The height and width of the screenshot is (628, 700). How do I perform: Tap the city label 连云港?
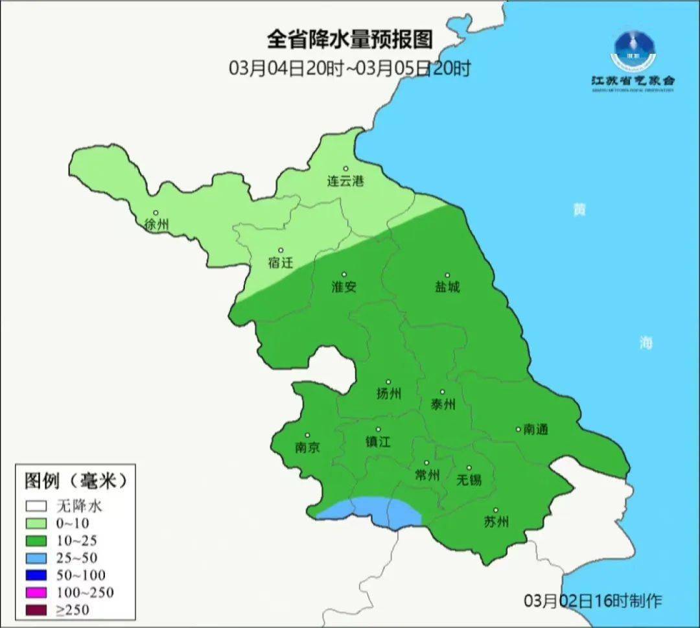[x=345, y=181]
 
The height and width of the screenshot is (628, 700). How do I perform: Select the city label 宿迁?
[x=281, y=262]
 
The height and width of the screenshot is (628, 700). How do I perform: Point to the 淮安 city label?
[x=344, y=286]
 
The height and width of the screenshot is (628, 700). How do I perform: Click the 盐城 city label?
[x=447, y=286]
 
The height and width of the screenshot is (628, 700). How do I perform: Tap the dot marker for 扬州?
[x=388, y=382]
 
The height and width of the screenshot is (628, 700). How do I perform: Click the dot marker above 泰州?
[x=443, y=392]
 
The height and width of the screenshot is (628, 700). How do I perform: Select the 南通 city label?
[x=536, y=429]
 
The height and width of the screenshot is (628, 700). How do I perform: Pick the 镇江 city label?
[x=378, y=441]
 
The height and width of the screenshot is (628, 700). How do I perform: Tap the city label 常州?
[x=427, y=475]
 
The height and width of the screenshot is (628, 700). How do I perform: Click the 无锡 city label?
[x=469, y=480]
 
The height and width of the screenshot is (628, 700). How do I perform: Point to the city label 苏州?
[x=496, y=522]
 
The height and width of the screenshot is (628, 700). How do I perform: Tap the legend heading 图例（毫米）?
[x=74, y=481]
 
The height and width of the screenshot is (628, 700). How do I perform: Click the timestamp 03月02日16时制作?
[x=593, y=601]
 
